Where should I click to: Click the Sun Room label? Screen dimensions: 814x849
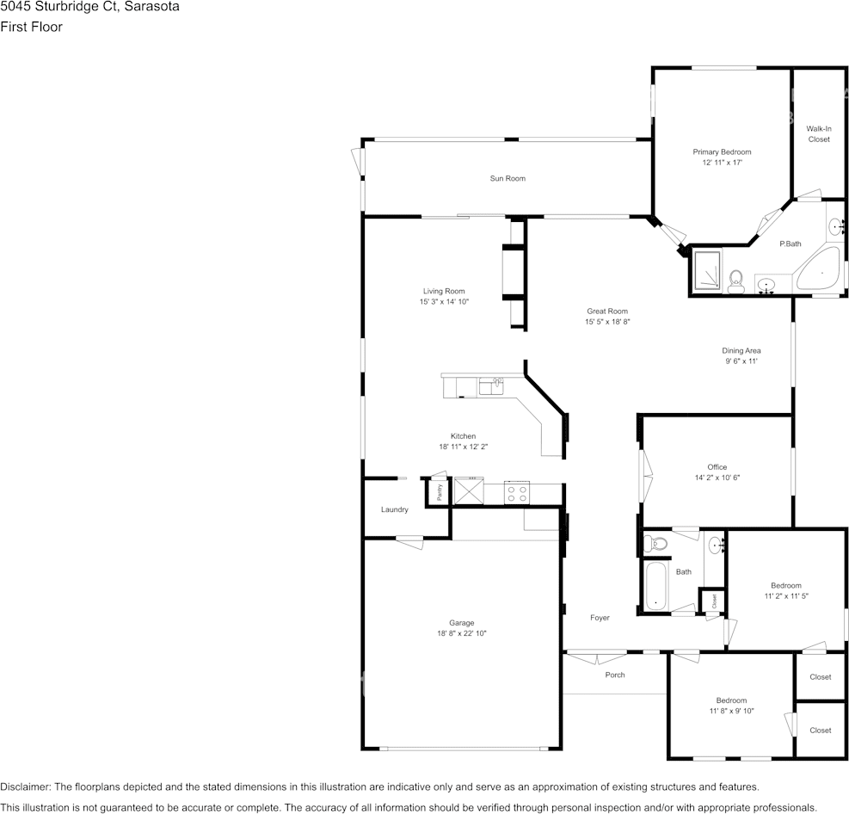click(508, 178)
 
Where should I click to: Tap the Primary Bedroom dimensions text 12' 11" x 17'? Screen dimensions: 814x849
click(722, 163)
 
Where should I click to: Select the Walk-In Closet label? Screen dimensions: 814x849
click(819, 133)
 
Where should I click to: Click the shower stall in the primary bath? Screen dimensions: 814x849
click(708, 270)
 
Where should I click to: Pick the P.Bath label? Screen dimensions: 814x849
click(790, 244)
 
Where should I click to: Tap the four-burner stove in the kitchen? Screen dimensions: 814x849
click(517, 493)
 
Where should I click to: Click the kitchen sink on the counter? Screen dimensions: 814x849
click(492, 386)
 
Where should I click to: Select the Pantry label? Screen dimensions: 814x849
click(439, 493)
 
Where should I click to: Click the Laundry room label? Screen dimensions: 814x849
click(395, 509)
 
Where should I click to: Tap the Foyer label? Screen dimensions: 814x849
click(600, 618)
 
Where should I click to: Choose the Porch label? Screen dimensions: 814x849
click(615, 675)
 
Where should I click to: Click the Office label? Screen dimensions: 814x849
click(717, 467)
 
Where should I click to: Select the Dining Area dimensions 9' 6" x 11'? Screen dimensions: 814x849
click(741, 361)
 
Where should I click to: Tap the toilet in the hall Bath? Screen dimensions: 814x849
click(658, 543)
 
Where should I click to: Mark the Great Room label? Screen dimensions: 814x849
click(607, 311)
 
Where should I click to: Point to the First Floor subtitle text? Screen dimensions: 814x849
click(31, 27)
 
